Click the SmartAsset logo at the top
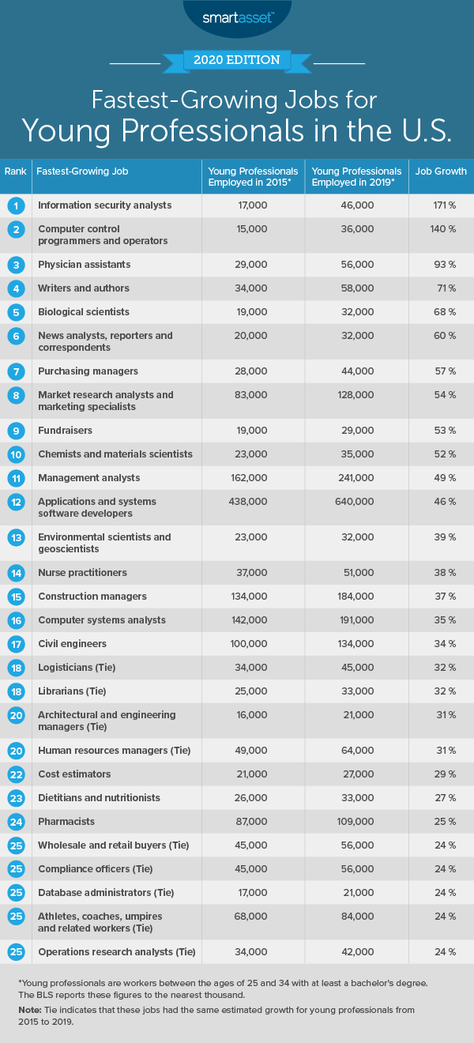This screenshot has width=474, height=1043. point(236,15)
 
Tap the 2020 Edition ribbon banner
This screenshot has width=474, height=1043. point(237,60)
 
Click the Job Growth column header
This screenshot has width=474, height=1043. point(441,171)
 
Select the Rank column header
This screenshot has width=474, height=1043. point(15,171)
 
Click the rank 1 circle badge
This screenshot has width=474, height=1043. point(15,205)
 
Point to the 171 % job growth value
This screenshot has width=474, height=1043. point(441,205)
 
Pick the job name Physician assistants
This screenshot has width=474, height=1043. point(84,265)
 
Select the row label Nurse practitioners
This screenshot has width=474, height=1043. point(82,573)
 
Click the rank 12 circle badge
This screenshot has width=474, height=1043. point(15,502)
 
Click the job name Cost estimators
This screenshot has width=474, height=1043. point(74,774)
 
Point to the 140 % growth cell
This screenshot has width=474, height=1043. point(441,229)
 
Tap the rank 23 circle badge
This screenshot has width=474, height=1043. point(15,798)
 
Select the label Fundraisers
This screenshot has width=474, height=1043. point(65,431)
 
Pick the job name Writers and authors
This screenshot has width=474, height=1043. point(84,288)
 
